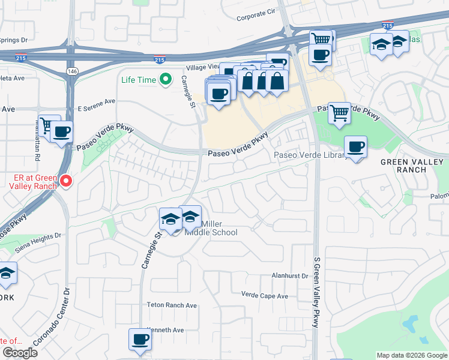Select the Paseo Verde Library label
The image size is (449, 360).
pos(309,155)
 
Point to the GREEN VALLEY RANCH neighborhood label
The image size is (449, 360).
pos(412,166)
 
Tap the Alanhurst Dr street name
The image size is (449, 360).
pos(289,276)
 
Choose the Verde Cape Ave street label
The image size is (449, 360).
pos(265,296)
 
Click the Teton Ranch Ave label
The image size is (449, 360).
pos(172,305)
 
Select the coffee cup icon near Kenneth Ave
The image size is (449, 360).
pos(140,339)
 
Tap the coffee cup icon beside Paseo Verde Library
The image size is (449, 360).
pos(355,146)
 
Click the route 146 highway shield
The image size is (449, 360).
pos(71,71)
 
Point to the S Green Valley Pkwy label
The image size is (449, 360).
pos(316,292)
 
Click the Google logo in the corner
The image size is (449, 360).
pos(20,353)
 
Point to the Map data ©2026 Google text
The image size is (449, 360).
pos(411,355)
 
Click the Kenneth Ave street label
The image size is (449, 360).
pos(166,330)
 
